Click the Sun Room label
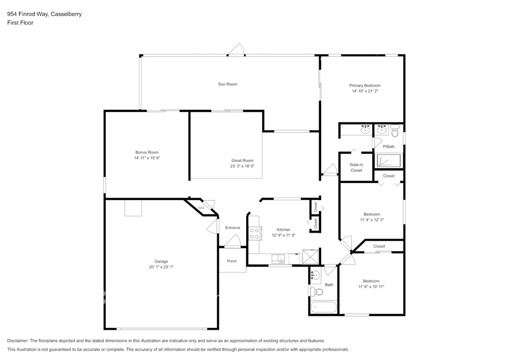tap(228, 84)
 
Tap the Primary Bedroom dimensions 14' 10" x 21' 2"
tap(365, 91)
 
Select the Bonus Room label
tap(147, 152)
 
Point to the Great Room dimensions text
tap(242, 166)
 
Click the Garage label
tap(162, 262)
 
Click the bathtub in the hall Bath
tap(323, 307)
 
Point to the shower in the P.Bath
tap(388, 161)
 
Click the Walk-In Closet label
tap(356, 168)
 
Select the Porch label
tap(232, 261)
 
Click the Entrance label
tap(233, 228)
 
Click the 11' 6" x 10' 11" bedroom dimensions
tap(371, 286)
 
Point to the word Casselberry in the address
tap(66, 14)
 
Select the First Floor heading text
tap(20, 23)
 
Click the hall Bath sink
tap(315, 275)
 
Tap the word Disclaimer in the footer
tap(18, 341)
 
